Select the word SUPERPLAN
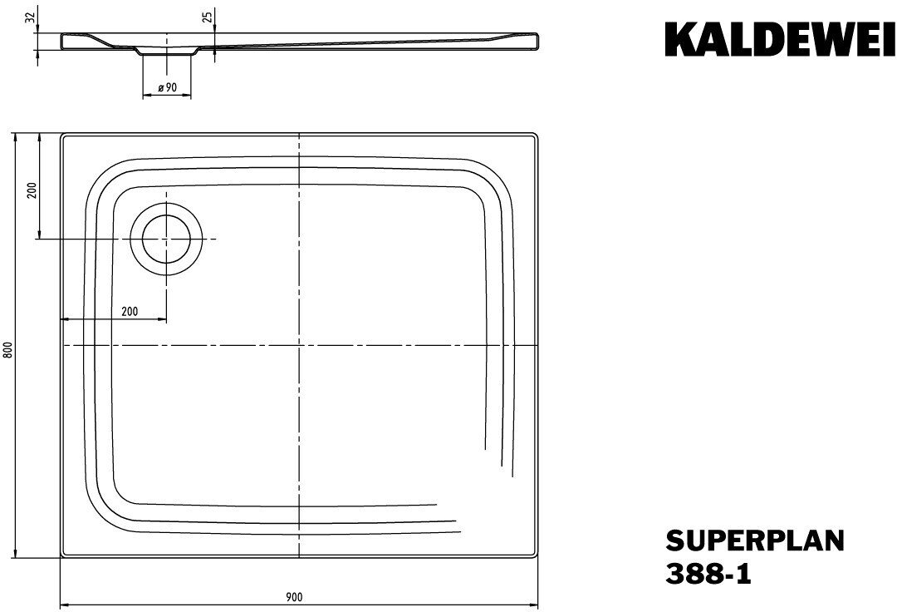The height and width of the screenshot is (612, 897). pos(754,540)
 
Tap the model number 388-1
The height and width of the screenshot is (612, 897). pos(708,574)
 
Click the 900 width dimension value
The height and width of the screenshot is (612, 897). pos(294,597)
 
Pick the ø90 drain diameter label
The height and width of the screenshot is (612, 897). pos(167,87)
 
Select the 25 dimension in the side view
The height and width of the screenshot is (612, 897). pos(208,17)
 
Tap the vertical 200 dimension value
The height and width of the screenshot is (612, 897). pos(32,190)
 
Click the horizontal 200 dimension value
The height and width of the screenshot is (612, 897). pos(130,311)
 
